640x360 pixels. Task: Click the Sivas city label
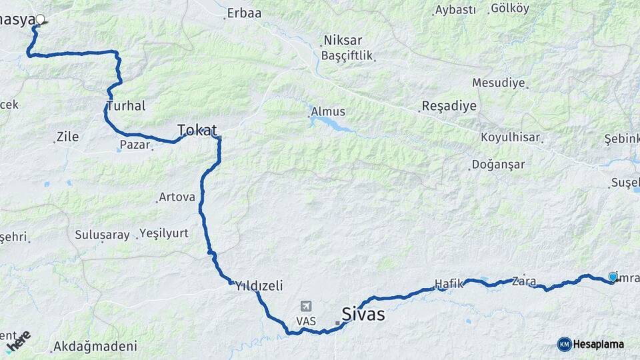click(x=363, y=313)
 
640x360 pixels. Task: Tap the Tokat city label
click(x=197, y=129)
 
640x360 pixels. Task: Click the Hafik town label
click(x=449, y=284)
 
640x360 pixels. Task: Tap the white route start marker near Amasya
click(x=40, y=19)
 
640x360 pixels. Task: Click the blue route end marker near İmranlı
click(x=613, y=277)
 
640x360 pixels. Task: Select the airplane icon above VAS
click(x=306, y=306)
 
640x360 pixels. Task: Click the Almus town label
click(x=328, y=112)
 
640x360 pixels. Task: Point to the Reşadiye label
click(x=449, y=107)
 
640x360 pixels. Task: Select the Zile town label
click(x=67, y=137)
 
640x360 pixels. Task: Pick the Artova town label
click(x=177, y=197)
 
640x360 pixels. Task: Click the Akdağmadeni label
click(x=95, y=346)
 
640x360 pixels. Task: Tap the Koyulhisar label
click(x=511, y=138)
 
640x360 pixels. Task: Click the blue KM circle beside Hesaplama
click(x=564, y=344)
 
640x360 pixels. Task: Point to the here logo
click(x=18, y=341)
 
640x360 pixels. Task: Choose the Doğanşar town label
click(x=498, y=164)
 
